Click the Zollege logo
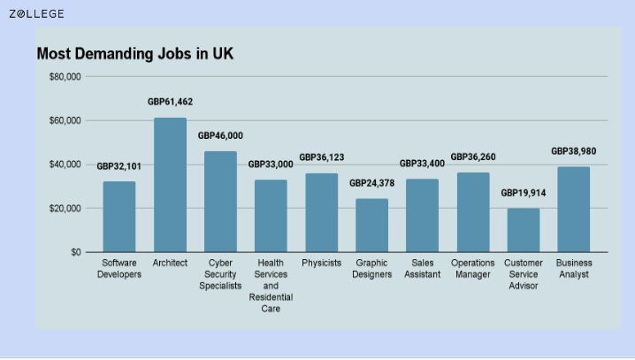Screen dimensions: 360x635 pos(36,13)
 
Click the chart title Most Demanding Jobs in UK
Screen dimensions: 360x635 pos(134,53)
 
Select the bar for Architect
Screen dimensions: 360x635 pos(170,185)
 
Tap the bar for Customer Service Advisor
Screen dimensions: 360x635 pos(523,230)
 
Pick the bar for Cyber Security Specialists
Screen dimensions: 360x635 pos(220,202)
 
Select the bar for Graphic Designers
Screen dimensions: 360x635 pos(371,226)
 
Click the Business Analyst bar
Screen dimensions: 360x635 pos(573,210)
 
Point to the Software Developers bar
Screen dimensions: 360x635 pos(119,217)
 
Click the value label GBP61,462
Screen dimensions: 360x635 pos(170,103)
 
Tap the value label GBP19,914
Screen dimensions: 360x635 pos(523,193)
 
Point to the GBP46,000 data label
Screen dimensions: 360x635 pos(220,136)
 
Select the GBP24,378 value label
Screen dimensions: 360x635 pos(371,183)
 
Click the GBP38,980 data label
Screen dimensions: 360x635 pos(573,151)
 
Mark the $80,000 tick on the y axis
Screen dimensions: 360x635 pos(65,77)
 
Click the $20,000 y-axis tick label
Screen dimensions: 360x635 pos(65,209)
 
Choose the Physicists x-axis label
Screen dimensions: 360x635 pos(321,264)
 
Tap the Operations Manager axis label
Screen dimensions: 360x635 pos(472,269)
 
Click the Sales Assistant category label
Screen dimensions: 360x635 pos(422,269)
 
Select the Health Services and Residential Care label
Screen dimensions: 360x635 pos(271,286)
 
